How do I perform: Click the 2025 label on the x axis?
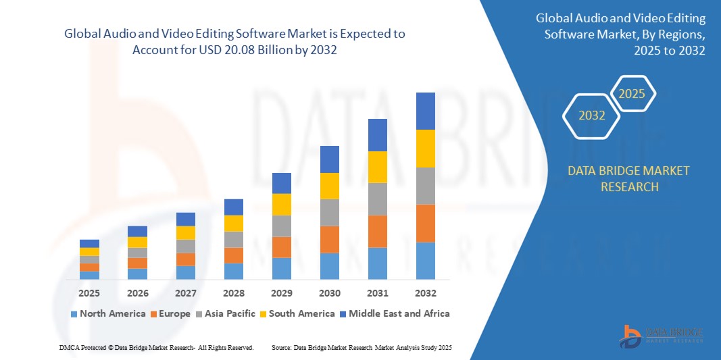pos(89,294)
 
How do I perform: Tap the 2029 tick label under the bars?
pos(282,294)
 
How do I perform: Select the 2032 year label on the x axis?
pos(426,294)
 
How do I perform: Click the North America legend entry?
pos(108,313)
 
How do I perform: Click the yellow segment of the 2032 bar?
pos(426,149)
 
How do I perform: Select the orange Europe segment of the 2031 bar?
pos(378,231)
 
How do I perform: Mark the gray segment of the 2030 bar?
pos(330,212)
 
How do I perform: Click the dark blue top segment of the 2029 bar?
pos(282,183)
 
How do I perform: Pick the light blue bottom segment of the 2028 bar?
pos(234,271)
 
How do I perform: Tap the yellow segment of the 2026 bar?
pos(138,242)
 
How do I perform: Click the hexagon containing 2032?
pos(592,115)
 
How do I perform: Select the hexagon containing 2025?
pos(632,94)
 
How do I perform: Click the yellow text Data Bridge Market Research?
pos(629,178)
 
